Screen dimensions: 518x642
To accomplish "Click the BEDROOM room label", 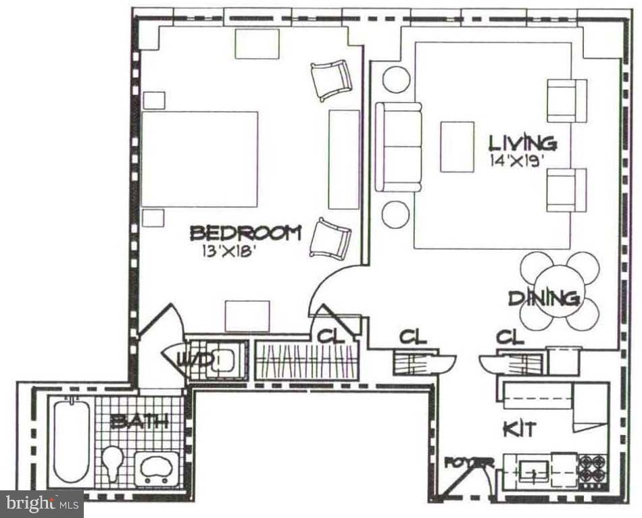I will point(245,234).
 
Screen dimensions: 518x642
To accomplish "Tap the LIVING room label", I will point(522,143).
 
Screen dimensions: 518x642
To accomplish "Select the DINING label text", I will point(544,298).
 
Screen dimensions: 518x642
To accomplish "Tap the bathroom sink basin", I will point(157,465).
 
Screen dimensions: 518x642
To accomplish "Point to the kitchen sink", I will point(533,468).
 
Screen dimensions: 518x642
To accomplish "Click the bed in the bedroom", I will point(201,159).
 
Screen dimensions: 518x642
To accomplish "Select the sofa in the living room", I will point(398,147).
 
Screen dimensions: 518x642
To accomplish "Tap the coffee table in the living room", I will point(457,147).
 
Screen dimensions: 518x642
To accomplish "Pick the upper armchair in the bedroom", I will point(331,80).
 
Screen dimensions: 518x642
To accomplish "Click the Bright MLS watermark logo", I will point(42,503).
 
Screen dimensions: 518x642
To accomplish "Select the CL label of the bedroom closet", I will point(329,335).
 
